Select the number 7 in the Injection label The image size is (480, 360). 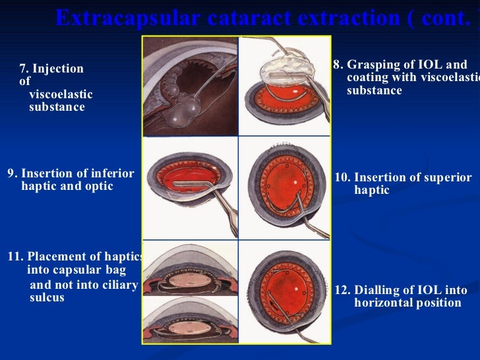(23, 69)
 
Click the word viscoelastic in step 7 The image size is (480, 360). (61, 94)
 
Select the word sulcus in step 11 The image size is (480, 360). (47, 297)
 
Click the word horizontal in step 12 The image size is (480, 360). (383, 303)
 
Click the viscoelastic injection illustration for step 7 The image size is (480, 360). (190, 86)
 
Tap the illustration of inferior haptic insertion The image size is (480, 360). (190, 187)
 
